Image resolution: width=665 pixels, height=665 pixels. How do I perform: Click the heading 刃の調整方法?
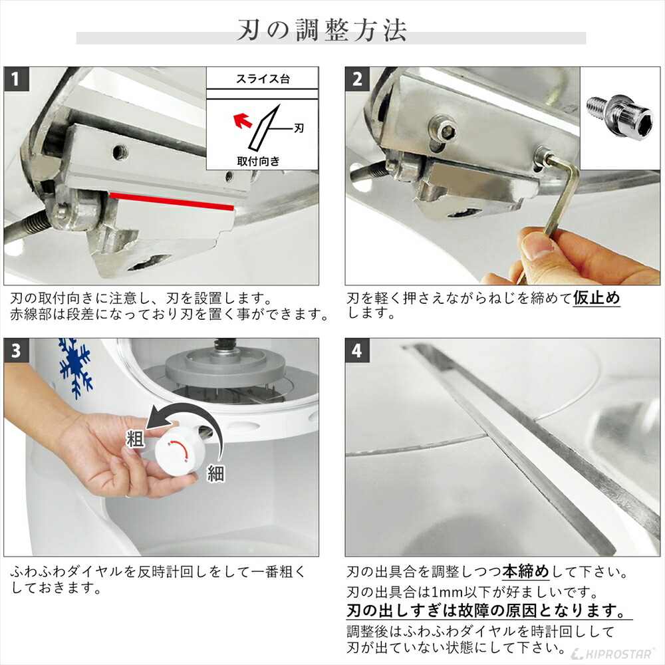322,31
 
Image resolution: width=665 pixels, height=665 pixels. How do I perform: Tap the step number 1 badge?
17,79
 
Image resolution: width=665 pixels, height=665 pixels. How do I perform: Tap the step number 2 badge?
358,79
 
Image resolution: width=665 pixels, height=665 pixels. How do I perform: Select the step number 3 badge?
17,350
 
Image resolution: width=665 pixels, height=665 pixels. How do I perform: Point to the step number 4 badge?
358,350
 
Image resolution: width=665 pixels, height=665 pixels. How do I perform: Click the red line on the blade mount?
172,201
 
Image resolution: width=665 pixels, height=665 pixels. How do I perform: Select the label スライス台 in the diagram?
262,79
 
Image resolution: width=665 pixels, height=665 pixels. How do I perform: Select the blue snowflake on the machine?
74,366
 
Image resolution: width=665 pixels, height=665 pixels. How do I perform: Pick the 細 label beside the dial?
215,473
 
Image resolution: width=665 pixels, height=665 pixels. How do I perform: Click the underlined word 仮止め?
597,297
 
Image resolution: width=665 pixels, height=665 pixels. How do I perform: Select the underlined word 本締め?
525,571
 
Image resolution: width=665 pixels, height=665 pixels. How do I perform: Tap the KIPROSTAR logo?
615,653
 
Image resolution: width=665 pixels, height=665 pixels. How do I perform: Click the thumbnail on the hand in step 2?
536,248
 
